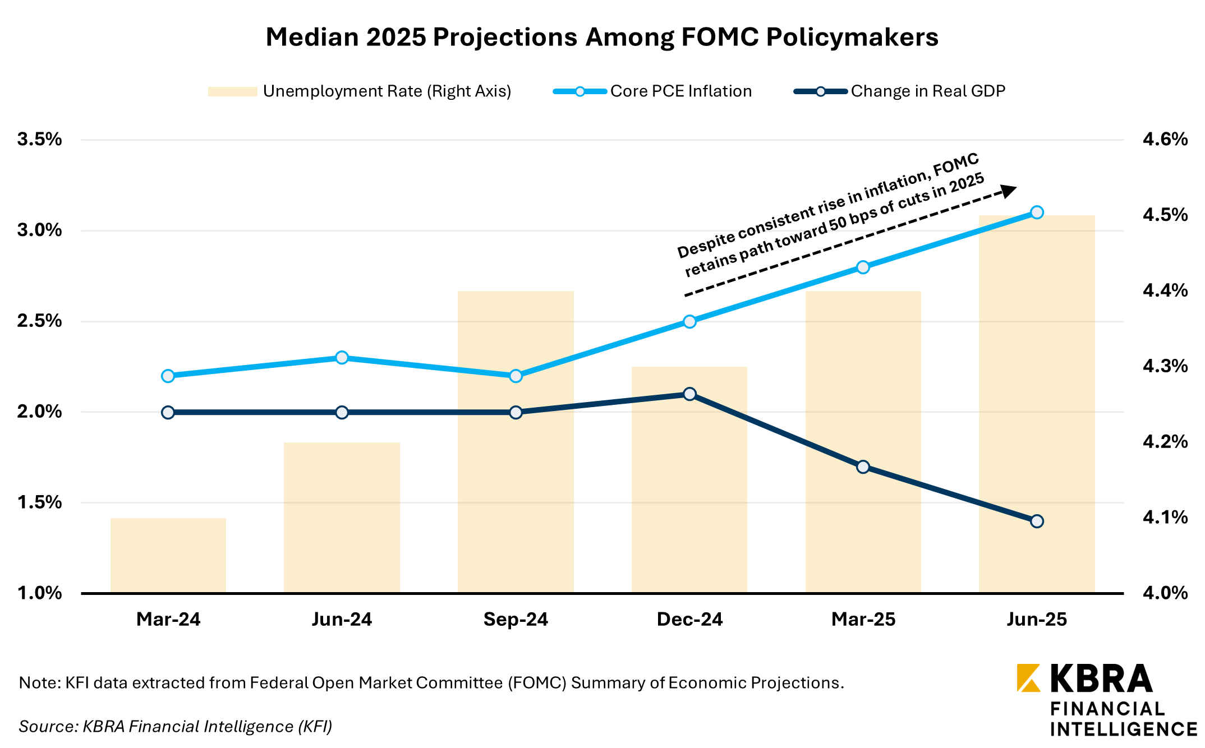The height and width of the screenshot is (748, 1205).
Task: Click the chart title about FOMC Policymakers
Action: click(x=601, y=38)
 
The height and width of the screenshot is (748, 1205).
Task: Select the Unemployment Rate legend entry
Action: click(x=359, y=91)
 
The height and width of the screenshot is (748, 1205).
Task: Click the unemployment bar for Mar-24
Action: click(x=168, y=555)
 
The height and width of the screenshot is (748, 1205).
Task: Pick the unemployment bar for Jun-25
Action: click(x=1037, y=404)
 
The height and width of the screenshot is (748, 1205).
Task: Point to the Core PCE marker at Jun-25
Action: click(x=1037, y=213)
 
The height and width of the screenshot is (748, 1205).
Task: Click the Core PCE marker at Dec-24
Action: click(x=689, y=321)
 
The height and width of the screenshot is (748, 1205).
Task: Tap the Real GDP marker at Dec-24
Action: click(x=689, y=394)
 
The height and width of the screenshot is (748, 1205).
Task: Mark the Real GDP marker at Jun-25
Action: click(x=1037, y=521)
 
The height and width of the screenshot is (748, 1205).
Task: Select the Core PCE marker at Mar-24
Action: click(x=168, y=376)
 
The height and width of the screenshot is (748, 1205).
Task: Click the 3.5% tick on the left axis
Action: click(x=39, y=139)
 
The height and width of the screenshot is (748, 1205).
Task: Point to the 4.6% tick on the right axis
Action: click(x=1165, y=139)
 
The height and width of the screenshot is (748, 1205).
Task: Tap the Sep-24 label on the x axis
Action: click(x=516, y=619)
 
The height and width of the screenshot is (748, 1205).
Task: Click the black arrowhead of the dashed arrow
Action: click(x=1009, y=191)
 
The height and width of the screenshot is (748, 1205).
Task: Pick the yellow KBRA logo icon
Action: click(x=1028, y=678)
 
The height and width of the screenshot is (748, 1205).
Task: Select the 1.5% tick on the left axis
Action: click(x=39, y=502)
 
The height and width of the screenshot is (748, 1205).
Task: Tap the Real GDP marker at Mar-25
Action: click(x=863, y=467)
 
